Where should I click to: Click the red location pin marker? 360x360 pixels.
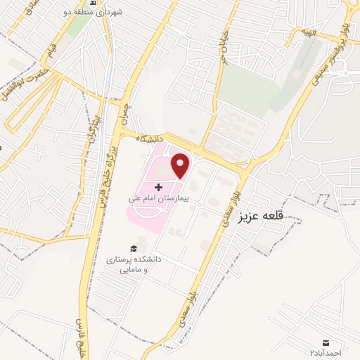(181, 165)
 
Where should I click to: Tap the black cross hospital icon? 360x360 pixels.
(158, 187)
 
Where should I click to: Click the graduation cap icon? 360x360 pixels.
(134, 248)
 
